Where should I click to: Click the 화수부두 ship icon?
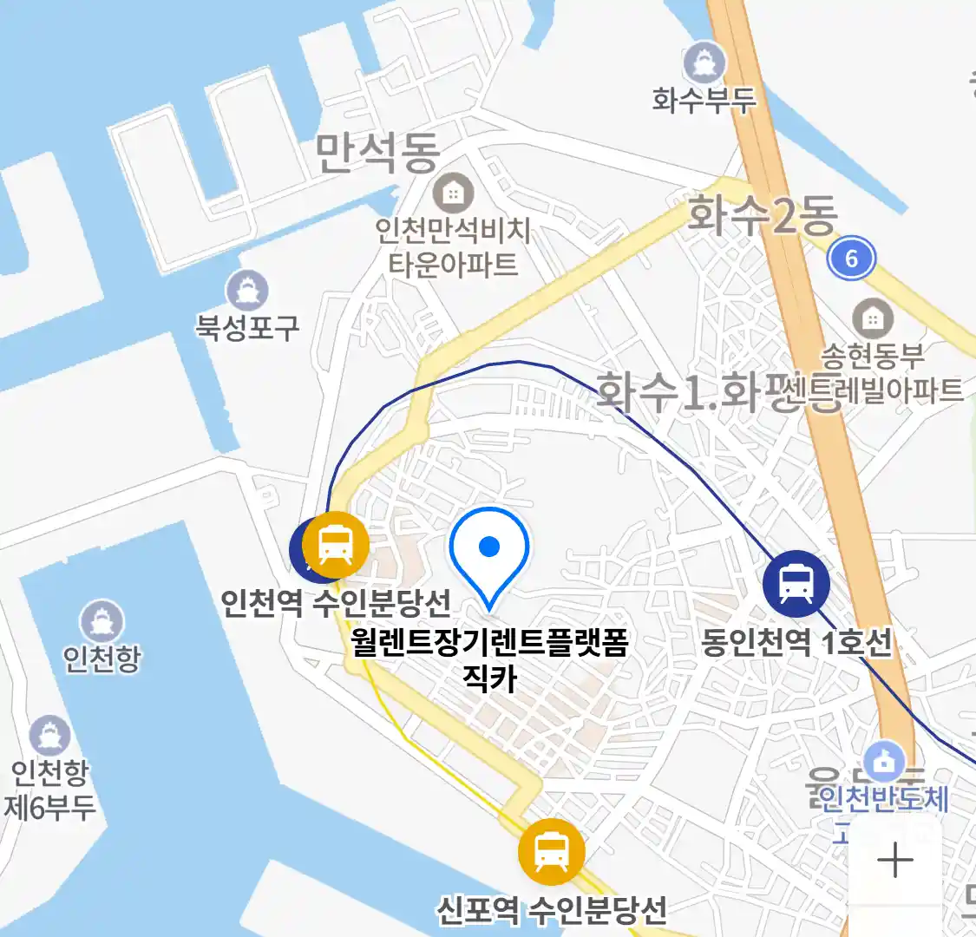tap(704, 62)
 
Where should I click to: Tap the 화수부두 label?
tap(704, 101)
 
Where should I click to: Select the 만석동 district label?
tap(377, 153)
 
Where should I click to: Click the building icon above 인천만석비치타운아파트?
tap(453, 193)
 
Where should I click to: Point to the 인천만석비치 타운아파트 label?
tap(453, 247)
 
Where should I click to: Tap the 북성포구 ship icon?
tap(247, 291)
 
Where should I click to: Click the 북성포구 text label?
tap(247, 327)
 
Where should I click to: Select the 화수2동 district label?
tap(763, 215)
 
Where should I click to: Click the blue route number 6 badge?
tap(850, 258)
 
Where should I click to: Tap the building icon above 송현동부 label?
tap(872, 318)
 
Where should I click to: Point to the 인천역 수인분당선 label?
tap(336, 601)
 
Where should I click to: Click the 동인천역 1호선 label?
tap(796, 643)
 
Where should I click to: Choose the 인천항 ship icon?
tap(102, 621)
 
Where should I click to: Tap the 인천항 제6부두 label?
tap(49, 790)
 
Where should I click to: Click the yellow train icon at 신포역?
tap(551, 851)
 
